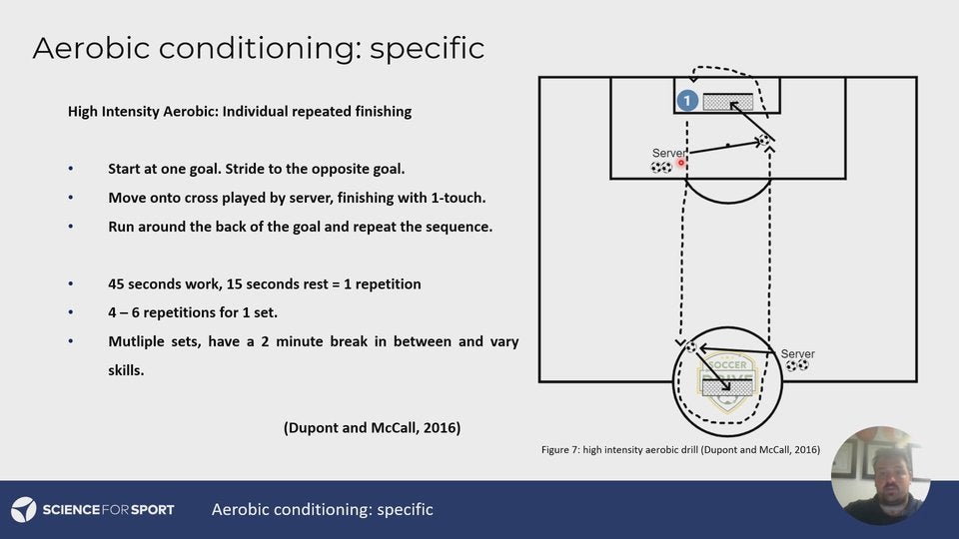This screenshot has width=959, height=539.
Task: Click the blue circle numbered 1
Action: [686, 101]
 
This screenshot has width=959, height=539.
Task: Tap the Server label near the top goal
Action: [669, 153]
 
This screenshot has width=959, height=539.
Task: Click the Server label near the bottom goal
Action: [797, 353]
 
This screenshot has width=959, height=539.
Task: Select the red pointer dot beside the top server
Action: [681, 162]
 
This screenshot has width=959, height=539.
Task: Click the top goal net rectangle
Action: [728, 102]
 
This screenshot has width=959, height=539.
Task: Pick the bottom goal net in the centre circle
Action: [727, 387]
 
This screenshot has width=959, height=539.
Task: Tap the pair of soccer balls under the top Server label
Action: [661, 168]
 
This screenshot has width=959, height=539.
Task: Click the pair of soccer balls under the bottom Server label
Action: [796, 366]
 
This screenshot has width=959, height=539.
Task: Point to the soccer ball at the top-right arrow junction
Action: [763, 141]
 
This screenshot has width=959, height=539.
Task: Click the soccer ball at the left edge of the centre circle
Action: [691, 346]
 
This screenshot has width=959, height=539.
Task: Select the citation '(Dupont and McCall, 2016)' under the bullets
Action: [372, 427]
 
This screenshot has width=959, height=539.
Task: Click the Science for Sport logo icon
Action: [24, 509]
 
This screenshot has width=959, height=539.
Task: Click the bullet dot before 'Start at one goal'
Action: [70, 170]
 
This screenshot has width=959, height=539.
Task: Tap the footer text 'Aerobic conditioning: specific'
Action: [322, 509]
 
